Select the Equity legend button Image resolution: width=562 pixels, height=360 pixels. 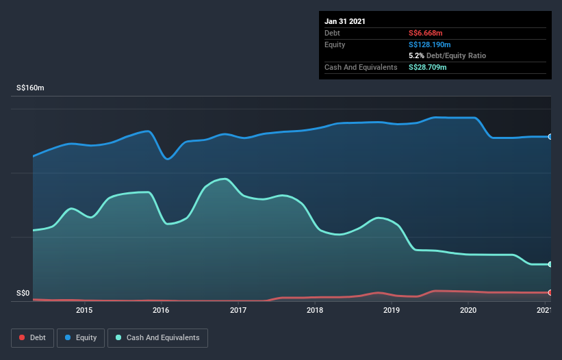click(x=81, y=337)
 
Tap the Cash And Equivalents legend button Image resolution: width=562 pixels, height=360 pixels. click(x=157, y=337)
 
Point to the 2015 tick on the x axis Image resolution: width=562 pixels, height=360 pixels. click(x=84, y=311)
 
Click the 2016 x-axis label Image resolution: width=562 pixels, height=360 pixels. click(x=162, y=311)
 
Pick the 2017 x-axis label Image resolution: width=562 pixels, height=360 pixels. click(x=238, y=311)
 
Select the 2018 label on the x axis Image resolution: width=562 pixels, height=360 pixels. click(x=315, y=311)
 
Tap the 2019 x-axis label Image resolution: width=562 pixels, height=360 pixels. click(x=392, y=311)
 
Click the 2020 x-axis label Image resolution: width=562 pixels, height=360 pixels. click(x=468, y=311)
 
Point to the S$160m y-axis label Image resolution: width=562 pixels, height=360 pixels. click(x=30, y=88)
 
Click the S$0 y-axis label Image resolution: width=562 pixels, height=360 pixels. click(x=23, y=293)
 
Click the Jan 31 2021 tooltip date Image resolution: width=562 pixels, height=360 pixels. click(x=345, y=21)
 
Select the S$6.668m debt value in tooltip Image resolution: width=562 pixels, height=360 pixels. click(x=426, y=33)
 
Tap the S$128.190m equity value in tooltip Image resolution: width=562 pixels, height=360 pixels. click(x=430, y=44)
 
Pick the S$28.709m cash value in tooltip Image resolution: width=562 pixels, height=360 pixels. click(x=428, y=67)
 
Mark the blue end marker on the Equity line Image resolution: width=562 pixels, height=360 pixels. click(x=550, y=137)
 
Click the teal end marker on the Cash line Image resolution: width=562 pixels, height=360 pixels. click(x=550, y=264)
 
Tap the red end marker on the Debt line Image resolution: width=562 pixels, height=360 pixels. click(x=550, y=293)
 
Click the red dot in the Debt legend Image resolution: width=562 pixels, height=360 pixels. click(x=23, y=337)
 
